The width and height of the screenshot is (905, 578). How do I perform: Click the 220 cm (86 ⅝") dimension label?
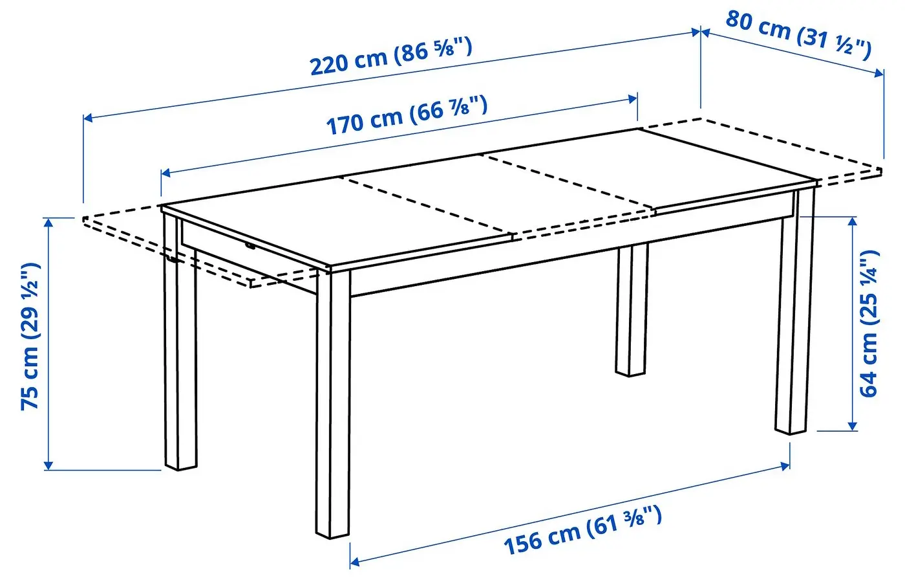(390, 56)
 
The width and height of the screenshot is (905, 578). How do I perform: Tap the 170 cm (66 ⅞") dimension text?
(407, 115)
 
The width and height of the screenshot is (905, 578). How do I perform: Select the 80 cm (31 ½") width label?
(798, 35)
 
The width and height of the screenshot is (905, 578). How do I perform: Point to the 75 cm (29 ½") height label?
(31, 337)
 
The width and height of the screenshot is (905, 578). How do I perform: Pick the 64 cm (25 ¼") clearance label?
(869, 324)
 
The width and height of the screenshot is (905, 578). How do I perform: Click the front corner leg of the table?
(333, 403)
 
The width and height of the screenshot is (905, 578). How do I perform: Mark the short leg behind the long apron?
(632, 310)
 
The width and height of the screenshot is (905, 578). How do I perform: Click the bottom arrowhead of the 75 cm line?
(48, 465)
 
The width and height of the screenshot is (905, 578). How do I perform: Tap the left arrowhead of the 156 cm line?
(355, 562)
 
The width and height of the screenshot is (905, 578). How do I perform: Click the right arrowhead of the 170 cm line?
(632, 98)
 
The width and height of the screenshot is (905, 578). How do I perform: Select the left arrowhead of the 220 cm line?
(89, 118)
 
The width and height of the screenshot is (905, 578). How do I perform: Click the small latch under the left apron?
(251, 245)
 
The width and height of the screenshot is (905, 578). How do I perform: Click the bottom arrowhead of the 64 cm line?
(853, 425)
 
